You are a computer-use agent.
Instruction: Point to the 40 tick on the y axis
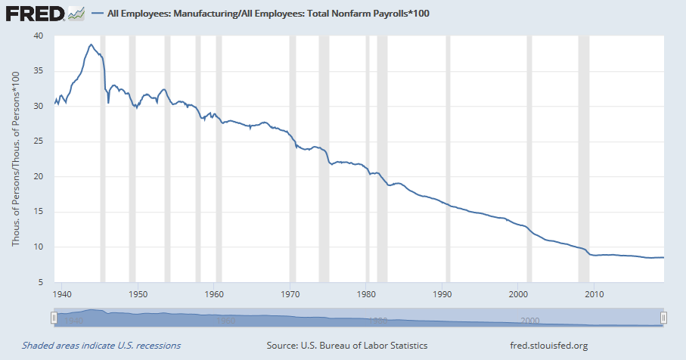(39, 36)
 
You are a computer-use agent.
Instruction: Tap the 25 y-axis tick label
(39, 141)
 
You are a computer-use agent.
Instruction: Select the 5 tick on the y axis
(41, 282)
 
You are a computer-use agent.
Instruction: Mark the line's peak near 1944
(91, 45)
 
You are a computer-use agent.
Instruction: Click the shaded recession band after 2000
(529, 159)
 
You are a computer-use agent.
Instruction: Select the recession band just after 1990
(448, 159)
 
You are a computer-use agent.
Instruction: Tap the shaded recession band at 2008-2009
(583, 159)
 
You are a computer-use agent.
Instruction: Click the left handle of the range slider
(54, 318)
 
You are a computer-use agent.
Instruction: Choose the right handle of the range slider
(663, 318)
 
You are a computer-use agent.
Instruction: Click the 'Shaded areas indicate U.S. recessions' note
(101, 346)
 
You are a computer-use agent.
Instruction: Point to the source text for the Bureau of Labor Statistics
(347, 346)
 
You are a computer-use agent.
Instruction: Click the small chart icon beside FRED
(76, 14)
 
